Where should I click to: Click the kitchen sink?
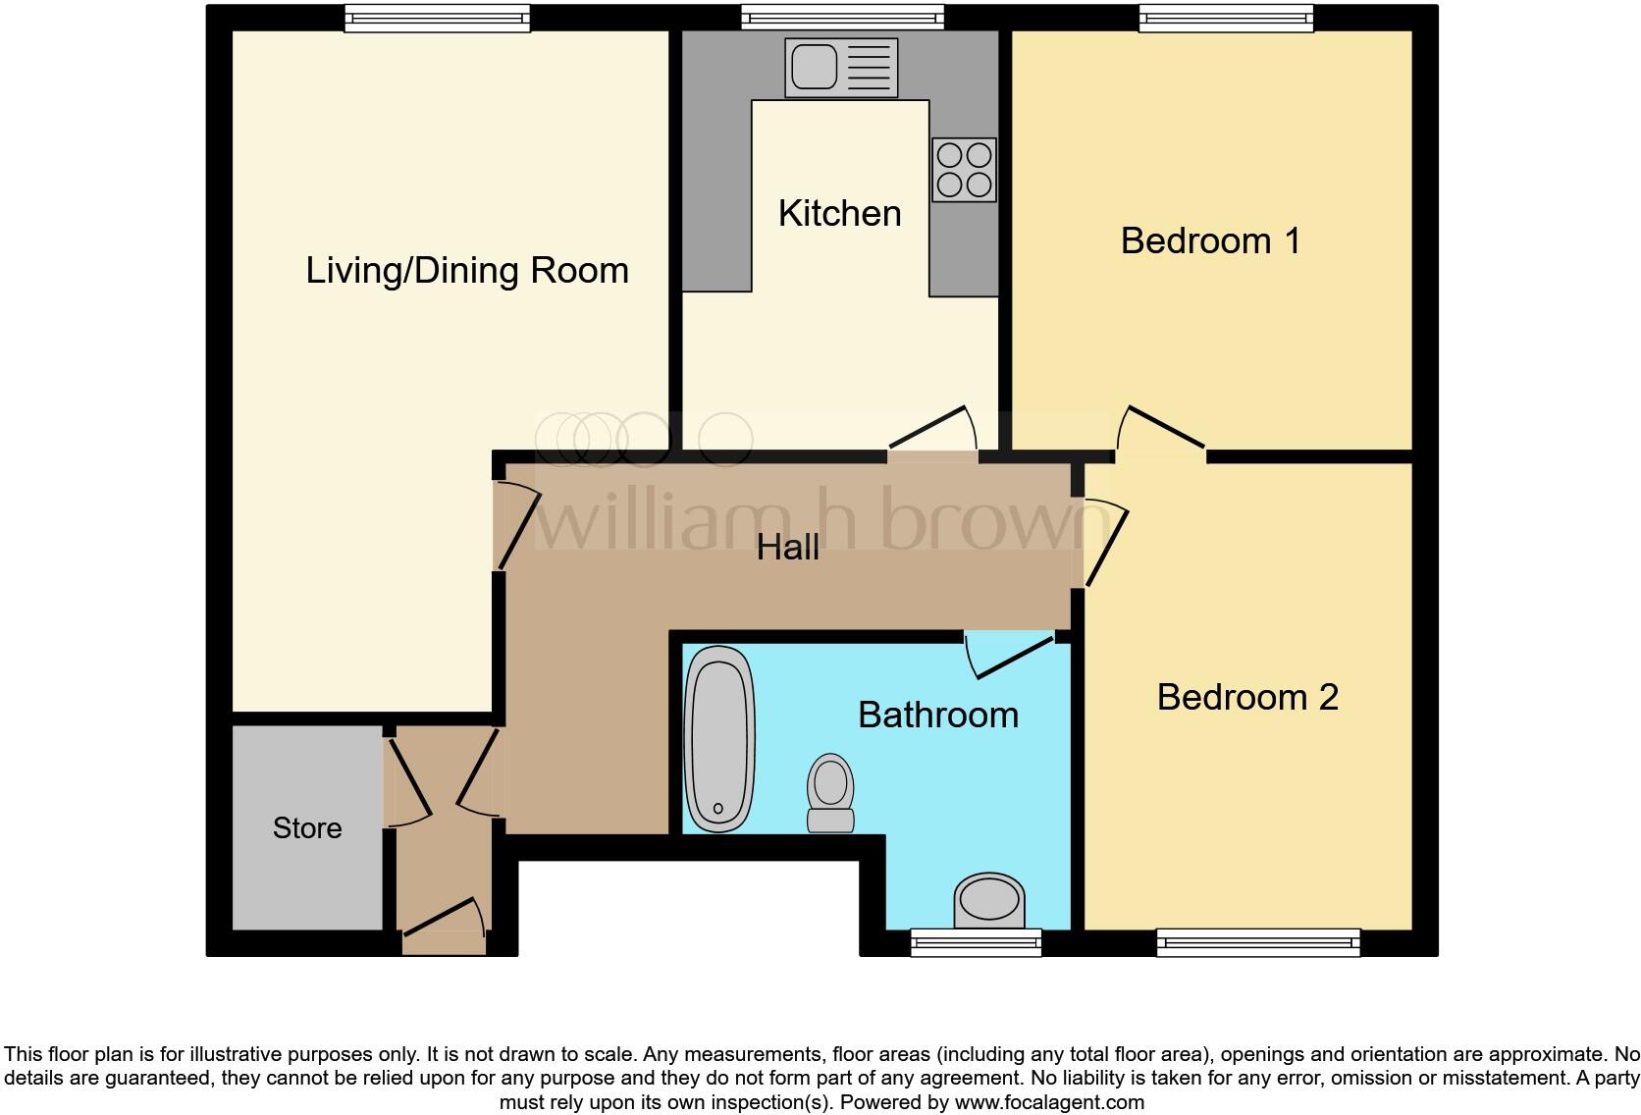coord(841,68)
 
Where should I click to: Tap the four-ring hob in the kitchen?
coord(964,170)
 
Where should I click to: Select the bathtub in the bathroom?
coord(719,739)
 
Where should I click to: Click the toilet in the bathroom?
coord(830,793)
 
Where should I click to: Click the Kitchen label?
coord(839,213)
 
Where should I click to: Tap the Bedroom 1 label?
coord(1210,240)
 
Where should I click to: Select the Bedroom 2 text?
coord(1246,697)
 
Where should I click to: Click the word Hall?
coord(787,548)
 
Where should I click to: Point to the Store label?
coord(307,828)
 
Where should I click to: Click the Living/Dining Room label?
coord(467,270)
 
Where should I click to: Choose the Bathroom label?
coord(937,715)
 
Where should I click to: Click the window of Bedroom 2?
coord(1258,943)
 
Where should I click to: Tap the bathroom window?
coord(976,943)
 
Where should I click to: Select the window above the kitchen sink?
coord(842,17)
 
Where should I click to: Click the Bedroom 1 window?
coord(1226,17)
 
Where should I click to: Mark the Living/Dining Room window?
coord(437,17)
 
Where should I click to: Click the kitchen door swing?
coord(934,431)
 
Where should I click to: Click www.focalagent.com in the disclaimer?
coord(1048,1102)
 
